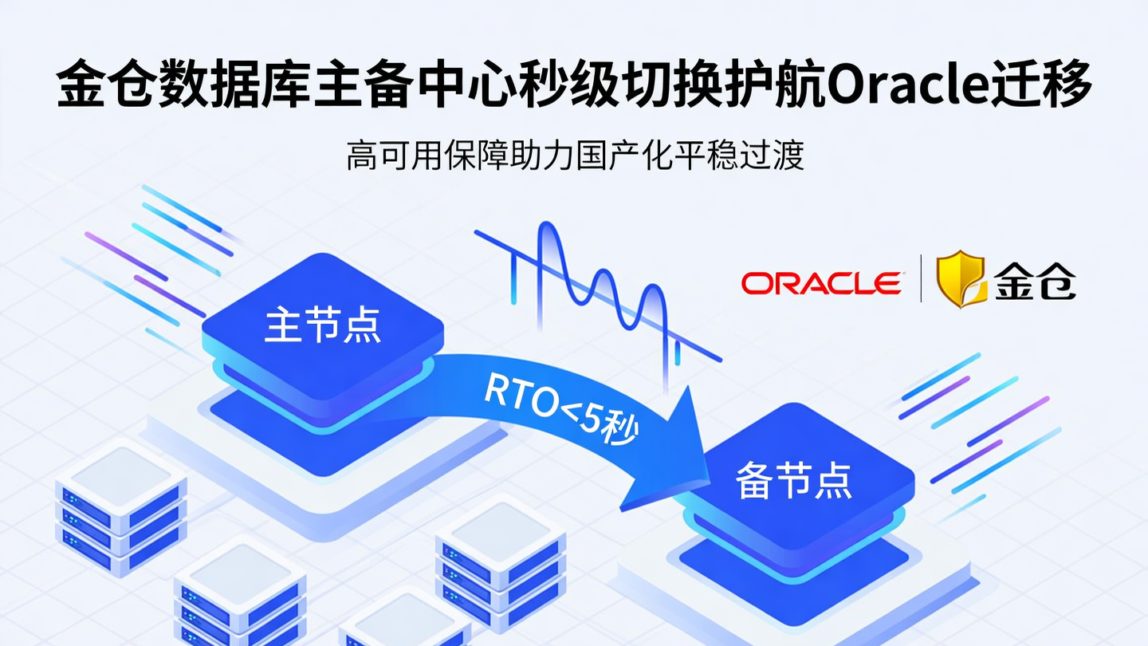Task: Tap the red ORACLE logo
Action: (822, 282)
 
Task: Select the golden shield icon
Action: (961, 279)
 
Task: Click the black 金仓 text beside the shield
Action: (1035, 281)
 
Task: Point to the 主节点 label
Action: (322, 326)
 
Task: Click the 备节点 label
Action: (793, 481)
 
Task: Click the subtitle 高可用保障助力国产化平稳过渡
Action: (574, 156)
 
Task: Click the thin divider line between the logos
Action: (921, 278)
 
